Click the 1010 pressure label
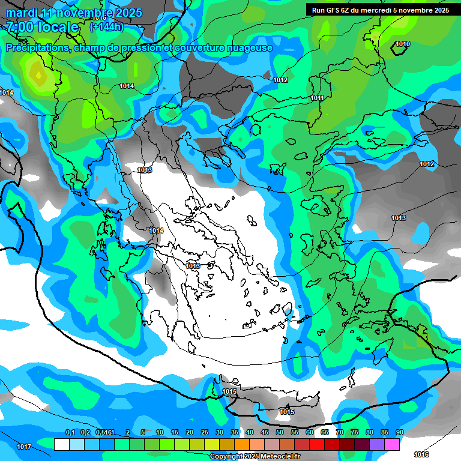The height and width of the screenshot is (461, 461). click(x=403, y=44)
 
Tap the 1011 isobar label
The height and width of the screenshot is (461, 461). click(x=317, y=98)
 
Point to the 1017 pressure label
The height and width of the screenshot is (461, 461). click(x=24, y=447)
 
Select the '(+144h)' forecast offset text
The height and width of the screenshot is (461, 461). click(x=107, y=27)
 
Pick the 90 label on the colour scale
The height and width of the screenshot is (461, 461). click(x=399, y=432)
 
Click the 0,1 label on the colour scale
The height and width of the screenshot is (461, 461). click(x=70, y=432)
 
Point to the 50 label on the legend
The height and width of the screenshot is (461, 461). click(x=279, y=432)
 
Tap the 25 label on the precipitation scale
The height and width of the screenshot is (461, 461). click(x=204, y=432)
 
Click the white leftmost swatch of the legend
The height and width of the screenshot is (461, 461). click(x=61, y=444)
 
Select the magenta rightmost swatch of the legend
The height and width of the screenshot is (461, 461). click(x=392, y=444)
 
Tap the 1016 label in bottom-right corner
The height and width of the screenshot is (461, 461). click(x=421, y=454)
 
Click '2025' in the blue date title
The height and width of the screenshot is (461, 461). click(x=128, y=13)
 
